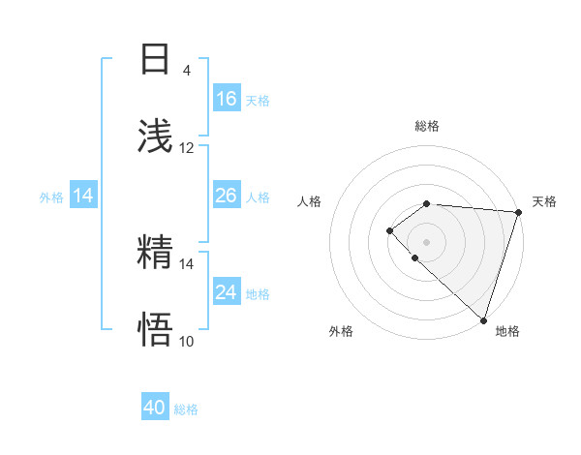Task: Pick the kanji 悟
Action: coord(156,328)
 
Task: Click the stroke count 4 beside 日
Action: coord(187,70)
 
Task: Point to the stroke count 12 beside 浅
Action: coord(187,148)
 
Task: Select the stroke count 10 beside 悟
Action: coord(187,341)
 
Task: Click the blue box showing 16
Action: coord(227,99)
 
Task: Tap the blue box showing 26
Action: coord(227,196)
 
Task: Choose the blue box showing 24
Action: coord(227,292)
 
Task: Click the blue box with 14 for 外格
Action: coord(83,196)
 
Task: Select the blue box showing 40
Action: coord(155,408)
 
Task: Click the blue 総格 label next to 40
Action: coord(186,409)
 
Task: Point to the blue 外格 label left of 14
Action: coord(51,197)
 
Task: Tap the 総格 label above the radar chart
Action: coord(427,127)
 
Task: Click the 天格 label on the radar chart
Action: coord(545,201)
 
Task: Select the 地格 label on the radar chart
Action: coord(507,331)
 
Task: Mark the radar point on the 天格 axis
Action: coord(519,212)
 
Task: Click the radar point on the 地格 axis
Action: coord(483,320)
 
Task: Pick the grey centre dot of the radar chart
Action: coord(427,241)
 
